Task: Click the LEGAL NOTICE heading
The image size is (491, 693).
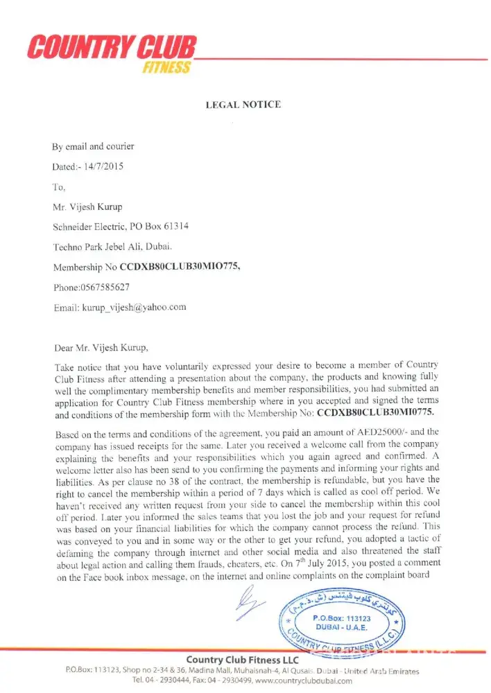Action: pyautogui.click(x=243, y=105)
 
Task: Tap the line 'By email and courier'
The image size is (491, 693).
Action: pyautogui.click(x=94, y=146)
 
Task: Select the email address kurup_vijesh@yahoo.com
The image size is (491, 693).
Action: pyautogui.click(x=135, y=307)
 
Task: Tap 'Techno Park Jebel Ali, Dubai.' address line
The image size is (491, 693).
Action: pyautogui.click(x=113, y=247)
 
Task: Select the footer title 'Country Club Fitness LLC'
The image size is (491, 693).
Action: pyautogui.click(x=242, y=659)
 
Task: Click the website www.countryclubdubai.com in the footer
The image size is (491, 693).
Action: pyautogui.click(x=304, y=681)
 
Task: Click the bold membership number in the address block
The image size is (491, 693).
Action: pyautogui.click(x=181, y=267)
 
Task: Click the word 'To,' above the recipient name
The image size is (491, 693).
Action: pyautogui.click(x=59, y=187)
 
